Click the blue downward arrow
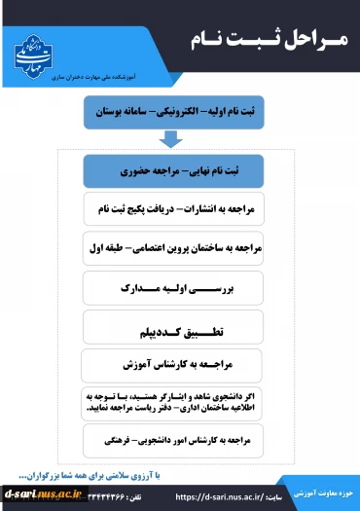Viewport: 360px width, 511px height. [182, 138]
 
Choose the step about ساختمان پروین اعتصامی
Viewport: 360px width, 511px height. [181, 249]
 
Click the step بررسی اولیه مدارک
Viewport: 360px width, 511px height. [182, 289]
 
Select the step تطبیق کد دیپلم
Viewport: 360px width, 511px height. [182, 328]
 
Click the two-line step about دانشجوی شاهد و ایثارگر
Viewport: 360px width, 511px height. [182, 402]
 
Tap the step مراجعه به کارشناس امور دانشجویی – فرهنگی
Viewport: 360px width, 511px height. [182, 441]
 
